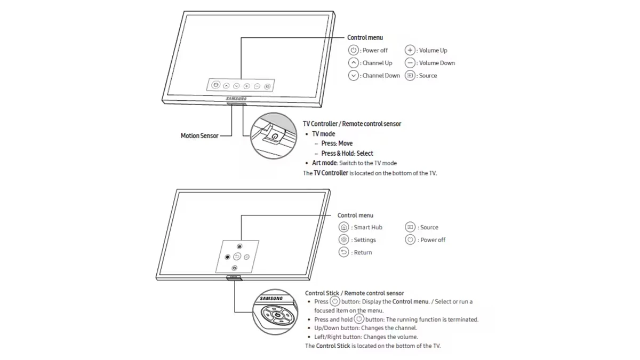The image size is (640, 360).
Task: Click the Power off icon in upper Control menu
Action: coord(353,50)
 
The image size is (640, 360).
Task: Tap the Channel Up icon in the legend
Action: coord(353,63)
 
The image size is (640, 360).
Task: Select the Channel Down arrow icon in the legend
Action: coord(353,76)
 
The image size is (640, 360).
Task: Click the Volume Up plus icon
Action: coord(410,50)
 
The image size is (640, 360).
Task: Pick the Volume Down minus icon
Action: coord(410,63)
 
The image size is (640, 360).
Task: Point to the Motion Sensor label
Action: coord(199,136)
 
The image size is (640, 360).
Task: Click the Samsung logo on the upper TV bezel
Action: coord(236,99)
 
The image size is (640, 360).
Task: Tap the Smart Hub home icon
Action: coord(344,227)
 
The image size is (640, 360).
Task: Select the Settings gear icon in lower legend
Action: coord(344,240)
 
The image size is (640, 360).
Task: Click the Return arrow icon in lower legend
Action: coord(344,252)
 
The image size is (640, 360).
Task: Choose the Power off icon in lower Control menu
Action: coord(410,240)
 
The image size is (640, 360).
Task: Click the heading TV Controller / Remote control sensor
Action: coord(352,124)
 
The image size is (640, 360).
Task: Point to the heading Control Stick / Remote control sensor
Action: coord(354,293)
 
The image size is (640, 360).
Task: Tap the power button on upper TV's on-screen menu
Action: coord(215,85)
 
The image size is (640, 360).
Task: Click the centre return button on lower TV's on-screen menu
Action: coord(237,257)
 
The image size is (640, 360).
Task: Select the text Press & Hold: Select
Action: coord(347,153)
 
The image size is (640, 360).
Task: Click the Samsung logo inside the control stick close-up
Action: coord(271,299)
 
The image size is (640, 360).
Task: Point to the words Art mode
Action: coord(324,163)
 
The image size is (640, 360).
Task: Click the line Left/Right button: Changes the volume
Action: coord(366,337)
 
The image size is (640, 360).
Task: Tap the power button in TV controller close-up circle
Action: coord(274,136)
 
